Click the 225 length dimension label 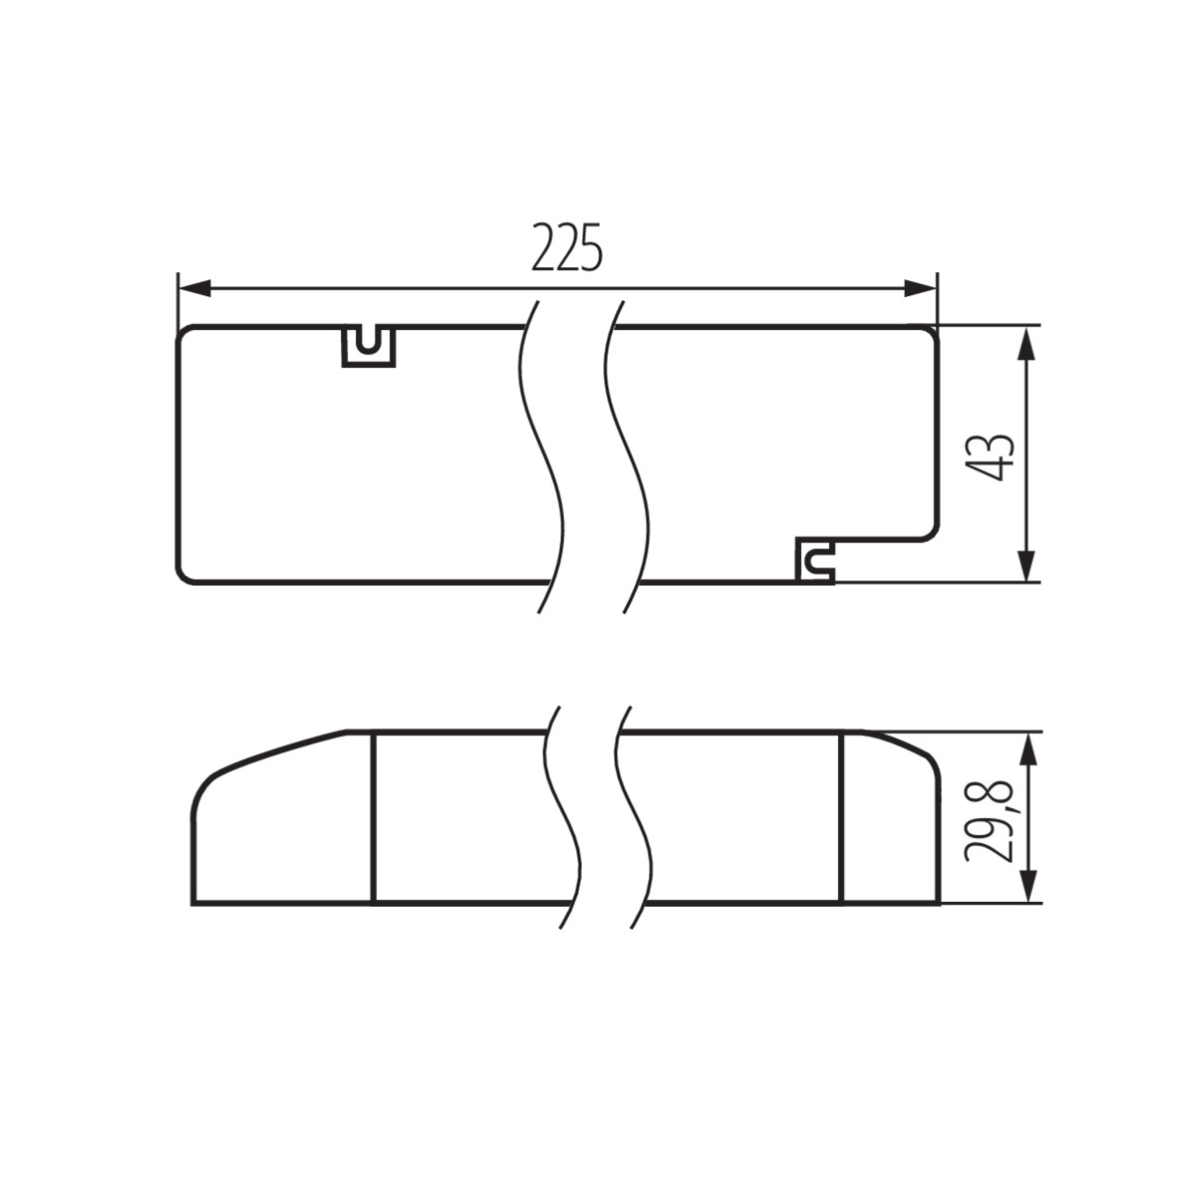567,247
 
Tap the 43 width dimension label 991,456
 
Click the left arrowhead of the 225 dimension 195,288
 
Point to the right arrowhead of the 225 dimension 920,288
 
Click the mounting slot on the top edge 369,346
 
